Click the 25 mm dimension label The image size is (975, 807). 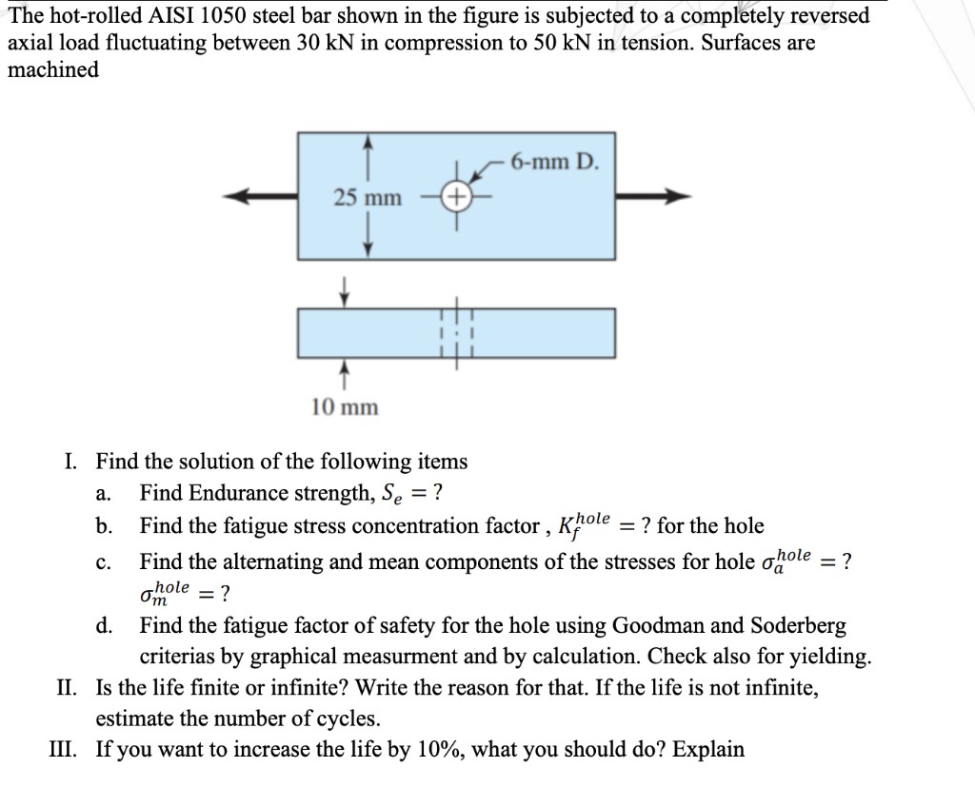[x=368, y=198]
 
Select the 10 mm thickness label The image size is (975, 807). [x=345, y=407]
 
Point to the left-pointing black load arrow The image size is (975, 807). [x=259, y=197]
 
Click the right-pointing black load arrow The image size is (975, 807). [x=652, y=197]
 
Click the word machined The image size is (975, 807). [x=53, y=69]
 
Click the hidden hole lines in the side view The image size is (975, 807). [x=456, y=333]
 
